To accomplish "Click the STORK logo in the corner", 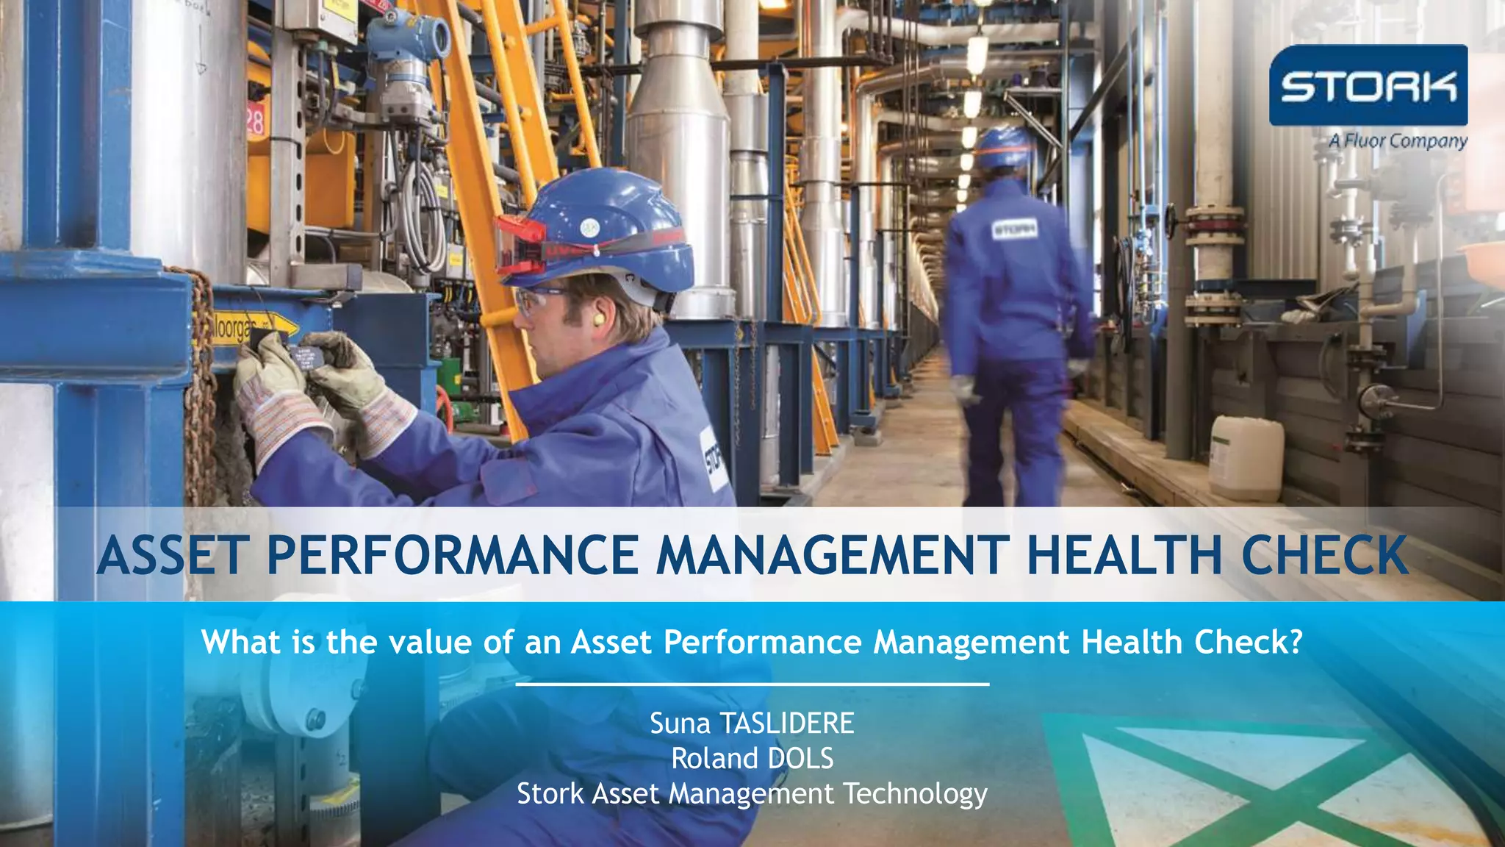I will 1368,85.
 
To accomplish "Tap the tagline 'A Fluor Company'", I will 1397,140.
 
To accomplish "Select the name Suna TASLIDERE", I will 752,723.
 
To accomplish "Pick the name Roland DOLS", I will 752,758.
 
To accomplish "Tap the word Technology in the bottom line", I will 915,794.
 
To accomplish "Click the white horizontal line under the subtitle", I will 752,685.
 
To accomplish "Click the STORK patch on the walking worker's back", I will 1015,229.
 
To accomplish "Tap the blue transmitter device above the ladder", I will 408,44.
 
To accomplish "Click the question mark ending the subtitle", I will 1295,642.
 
